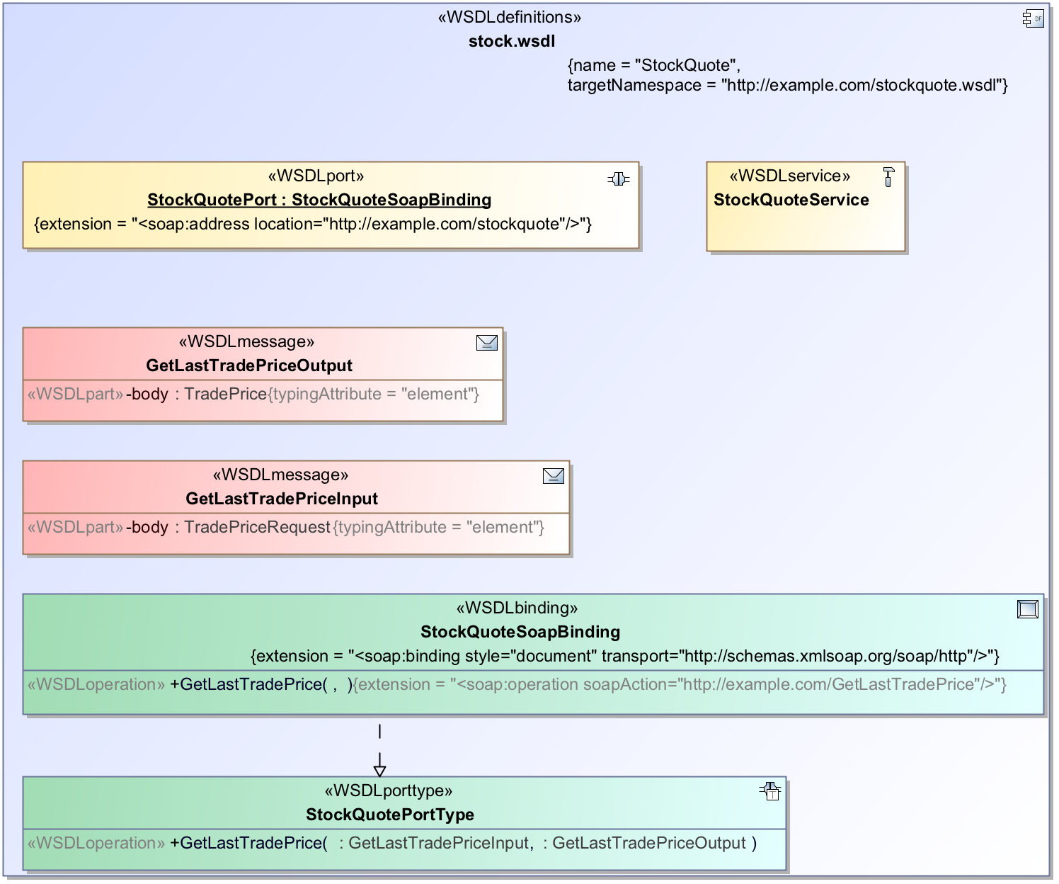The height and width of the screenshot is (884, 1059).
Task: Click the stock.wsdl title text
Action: click(512, 41)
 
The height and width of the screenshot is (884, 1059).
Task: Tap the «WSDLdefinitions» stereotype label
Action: click(510, 17)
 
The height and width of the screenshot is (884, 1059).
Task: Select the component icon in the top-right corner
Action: click(1033, 18)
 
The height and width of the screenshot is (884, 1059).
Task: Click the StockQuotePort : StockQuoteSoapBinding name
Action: click(319, 200)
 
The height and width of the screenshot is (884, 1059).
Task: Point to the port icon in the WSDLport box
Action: click(618, 179)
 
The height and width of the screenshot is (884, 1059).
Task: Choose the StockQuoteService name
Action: click(791, 200)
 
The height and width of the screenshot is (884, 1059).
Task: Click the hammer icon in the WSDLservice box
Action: click(888, 176)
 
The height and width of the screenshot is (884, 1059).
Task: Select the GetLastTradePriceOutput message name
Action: click(249, 365)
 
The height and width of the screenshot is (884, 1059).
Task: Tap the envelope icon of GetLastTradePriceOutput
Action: click(487, 343)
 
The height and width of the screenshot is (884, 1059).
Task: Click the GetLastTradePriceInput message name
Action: click(282, 499)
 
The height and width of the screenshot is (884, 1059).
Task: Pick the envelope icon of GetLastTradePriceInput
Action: click(554, 476)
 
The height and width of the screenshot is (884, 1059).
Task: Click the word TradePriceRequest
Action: click(258, 527)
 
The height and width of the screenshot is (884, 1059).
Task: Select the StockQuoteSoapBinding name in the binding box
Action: click(520, 632)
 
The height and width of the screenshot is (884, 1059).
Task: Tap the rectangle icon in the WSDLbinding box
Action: click(1027, 608)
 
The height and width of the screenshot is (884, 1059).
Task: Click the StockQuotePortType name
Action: click(390, 815)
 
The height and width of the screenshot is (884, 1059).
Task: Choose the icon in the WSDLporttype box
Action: click(769, 791)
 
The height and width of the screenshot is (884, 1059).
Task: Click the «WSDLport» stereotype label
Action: click(316, 176)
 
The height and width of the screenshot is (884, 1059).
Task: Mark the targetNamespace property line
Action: click(787, 85)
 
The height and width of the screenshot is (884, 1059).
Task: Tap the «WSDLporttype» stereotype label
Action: click(389, 790)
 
